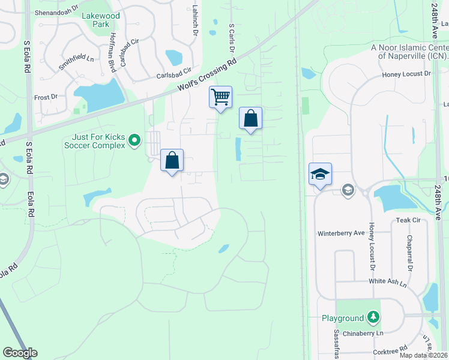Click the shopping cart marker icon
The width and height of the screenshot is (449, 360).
[x=221, y=97]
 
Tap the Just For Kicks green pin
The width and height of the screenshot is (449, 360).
[x=134, y=141]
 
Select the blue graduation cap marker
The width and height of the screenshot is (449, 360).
[x=320, y=174]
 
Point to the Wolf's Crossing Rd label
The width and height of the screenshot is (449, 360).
[x=207, y=76]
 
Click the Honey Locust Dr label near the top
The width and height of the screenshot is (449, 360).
[x=406, y=74]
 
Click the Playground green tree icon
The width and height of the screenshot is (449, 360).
[x=373, y=317]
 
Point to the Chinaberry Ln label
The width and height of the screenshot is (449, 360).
[x=359, y=333]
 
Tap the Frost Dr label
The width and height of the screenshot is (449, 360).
[x=46, y=97]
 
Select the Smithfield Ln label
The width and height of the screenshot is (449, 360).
[x=76, y=59]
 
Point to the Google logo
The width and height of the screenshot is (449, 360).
[x=20, y=353]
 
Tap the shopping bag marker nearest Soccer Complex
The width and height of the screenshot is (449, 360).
[x=172, y=160]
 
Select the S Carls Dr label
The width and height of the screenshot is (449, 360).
[x=231, y=37]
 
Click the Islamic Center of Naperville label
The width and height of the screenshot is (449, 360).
[x=410, y=52]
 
